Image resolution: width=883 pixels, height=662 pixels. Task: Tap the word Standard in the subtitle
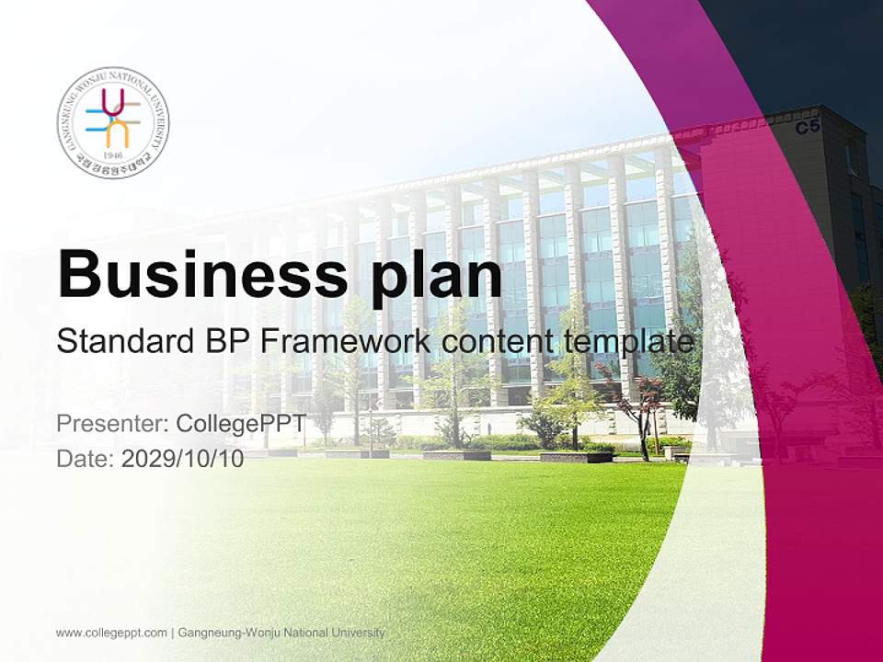click(120, 342)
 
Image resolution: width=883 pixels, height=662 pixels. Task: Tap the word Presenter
click(109, 424)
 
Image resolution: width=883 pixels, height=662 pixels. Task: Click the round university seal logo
click(113, 122)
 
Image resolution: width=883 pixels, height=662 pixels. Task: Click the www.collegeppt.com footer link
click(111, 633)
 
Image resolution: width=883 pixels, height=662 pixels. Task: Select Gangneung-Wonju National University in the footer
click(281, 633)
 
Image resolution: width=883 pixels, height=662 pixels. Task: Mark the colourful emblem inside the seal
click(113, 118)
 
